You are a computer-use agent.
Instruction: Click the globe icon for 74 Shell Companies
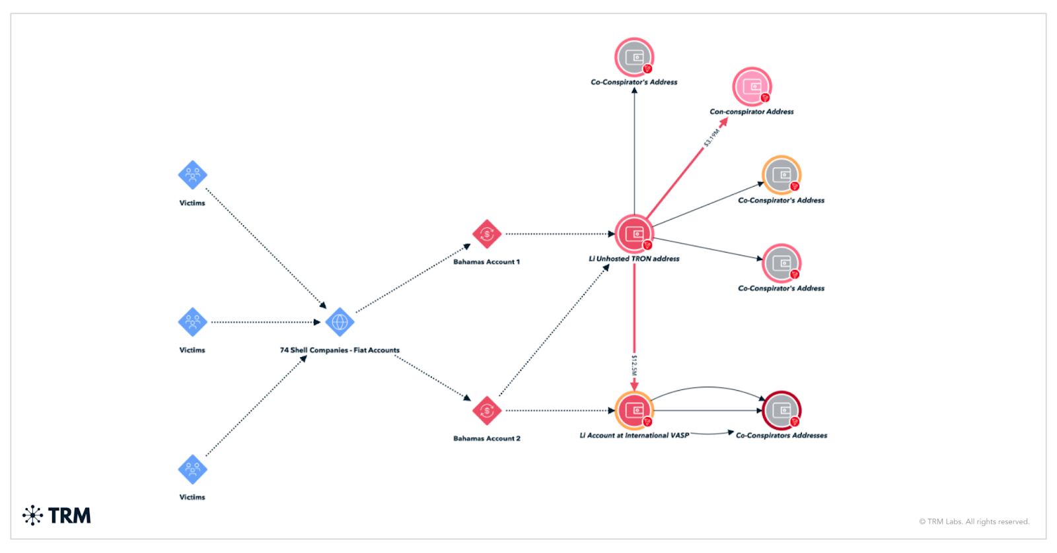click(x=340, y=322)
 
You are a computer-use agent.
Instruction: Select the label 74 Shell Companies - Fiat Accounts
click(x=340, y=350)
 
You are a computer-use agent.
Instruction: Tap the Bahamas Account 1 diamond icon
click(x=487, y=234)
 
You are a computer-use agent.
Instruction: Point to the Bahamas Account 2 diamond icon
click(x=487, y=410)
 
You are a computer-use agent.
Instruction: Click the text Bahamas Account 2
click(x=487, y=438)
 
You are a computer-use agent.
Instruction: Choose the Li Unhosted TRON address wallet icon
click(x=634, y=234)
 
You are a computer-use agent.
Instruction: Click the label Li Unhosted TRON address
click(x=634, y=259)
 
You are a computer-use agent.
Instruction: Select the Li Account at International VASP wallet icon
click(x=634, y=410)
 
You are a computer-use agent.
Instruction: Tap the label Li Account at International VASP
click(x=634, y=436)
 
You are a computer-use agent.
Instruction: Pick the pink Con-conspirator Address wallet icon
click(x=752, y=86)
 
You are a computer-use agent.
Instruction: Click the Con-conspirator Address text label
click(x=752, y=112)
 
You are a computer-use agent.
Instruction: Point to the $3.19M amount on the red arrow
click(x=711, y=138)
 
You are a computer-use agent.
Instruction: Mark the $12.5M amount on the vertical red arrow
click(x=634, y=365)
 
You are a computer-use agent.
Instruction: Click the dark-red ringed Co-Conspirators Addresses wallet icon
click(x=782, y=410)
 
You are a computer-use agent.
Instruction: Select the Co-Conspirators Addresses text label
click(x=782, y=436)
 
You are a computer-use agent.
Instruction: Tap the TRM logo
click(x=57, y=515)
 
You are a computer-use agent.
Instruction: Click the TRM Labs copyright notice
click(x=974, y=521)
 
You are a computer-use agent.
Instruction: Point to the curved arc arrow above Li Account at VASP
click(x=708, y=387)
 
